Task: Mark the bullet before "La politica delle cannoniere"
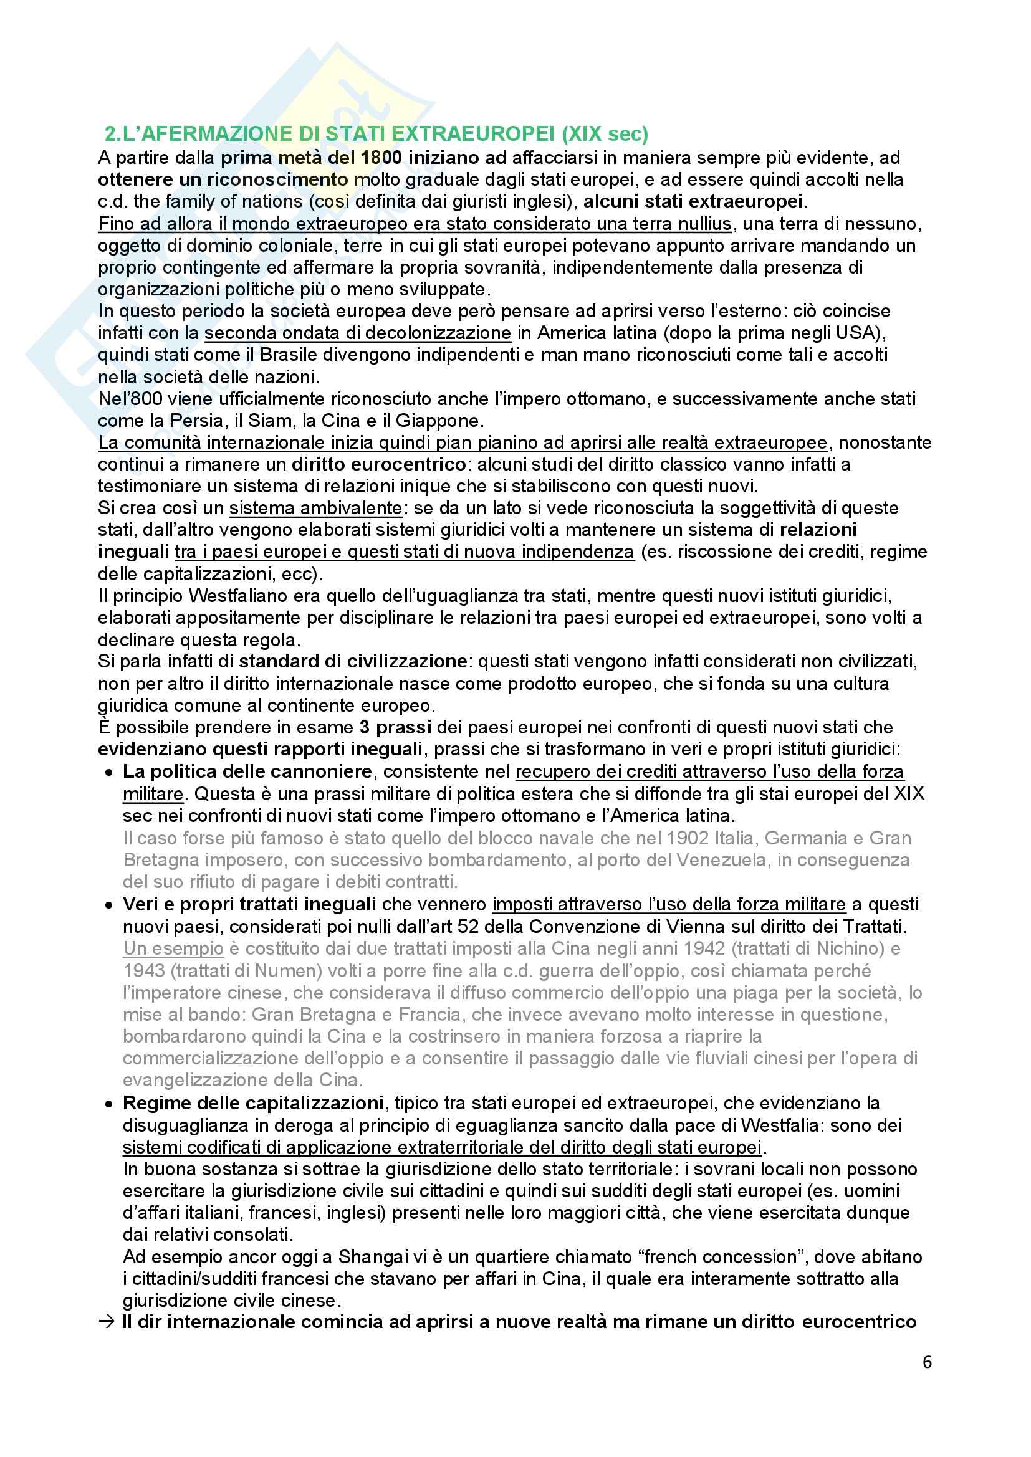pos(110,772)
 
